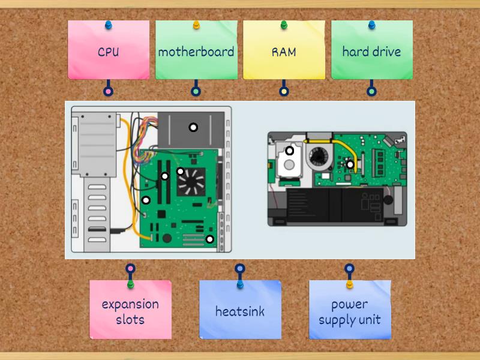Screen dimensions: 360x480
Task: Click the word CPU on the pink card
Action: click(108, 52)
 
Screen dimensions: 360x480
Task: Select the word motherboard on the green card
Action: click(196, 52)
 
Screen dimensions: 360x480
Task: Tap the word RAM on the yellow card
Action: click(284, 52)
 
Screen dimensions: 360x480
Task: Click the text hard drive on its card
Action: click(371, 52)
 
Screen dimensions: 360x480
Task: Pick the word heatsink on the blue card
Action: click(240, 311)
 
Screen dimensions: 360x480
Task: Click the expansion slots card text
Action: click(130, 311)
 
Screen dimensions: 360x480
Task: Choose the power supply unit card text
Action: click(349, 311)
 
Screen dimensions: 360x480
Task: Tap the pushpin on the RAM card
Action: click(284, 25)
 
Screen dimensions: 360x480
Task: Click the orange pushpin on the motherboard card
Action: click(196, 25)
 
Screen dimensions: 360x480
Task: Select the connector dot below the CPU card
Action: click(108, 92)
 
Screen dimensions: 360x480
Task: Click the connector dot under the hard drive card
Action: click(371, 92)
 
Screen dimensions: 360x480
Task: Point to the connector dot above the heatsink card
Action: click(240, 269)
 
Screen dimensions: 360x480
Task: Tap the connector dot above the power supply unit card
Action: click(349, 269)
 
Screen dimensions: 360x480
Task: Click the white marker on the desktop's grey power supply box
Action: click(193, 127)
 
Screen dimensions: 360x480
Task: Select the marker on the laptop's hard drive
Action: click(289, 151)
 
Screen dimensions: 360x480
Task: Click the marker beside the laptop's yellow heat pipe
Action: click(350, 164)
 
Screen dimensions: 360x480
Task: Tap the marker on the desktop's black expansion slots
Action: click(164, 176)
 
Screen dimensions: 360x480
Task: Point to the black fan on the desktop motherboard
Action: click(191, 180)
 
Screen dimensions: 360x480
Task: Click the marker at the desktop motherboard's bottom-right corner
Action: click(209, 239)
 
